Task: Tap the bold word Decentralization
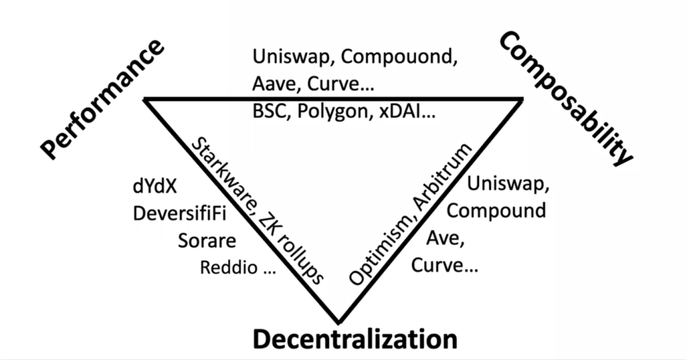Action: point(355,339)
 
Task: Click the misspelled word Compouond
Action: point(399,56)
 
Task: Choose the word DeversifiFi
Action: point(181,214)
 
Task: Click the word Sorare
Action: point(206,241)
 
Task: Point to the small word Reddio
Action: point(229,268)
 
